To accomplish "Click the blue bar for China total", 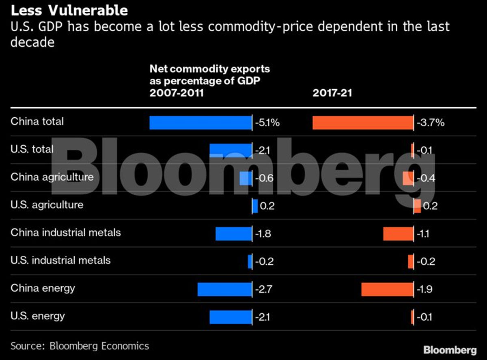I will tap(200, 123).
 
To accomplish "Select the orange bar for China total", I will tap(363, 123).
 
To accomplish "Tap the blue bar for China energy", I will tap(224, 289).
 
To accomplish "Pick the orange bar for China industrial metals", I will tap(398, 234).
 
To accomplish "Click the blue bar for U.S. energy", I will tap(231, 317).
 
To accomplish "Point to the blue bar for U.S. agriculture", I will tap(255, 206).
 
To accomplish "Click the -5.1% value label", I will tap(267, 123).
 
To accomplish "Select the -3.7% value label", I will tap(431, 123).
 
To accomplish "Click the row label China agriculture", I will tap(52, 177).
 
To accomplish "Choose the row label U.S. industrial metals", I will tap(60, 260).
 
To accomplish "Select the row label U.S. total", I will tap(32, 149).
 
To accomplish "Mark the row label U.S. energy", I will tap(38, 316).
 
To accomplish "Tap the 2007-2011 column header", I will tap(177, 93).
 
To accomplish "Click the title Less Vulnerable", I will tap(69, 10).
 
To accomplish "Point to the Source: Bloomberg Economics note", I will tap(80, 346).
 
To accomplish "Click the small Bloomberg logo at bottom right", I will tap(450, 350).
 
